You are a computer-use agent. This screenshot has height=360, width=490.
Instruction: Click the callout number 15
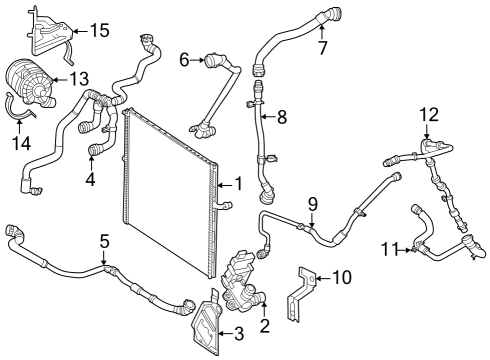point(100,30)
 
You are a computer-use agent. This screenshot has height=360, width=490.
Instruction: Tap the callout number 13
point(79,79)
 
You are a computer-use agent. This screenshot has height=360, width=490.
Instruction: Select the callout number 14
point(21,144)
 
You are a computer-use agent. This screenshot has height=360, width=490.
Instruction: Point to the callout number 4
point(90,179)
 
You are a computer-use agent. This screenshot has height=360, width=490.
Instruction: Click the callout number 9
point(313,205)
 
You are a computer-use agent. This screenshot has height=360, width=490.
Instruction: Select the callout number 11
point(390,249)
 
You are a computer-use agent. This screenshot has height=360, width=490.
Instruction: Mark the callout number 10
point(342,277)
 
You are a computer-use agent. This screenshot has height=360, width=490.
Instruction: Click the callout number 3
point(239,334)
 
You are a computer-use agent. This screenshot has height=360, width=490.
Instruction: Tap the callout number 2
point(264,326)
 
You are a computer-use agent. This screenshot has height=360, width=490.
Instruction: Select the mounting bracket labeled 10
point(302,293)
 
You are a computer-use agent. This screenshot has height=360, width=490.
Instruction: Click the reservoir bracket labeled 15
point(50,35)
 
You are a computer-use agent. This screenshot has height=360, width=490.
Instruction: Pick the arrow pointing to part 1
point(225,184)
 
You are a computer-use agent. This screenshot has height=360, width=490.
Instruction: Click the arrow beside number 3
point(226,333)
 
